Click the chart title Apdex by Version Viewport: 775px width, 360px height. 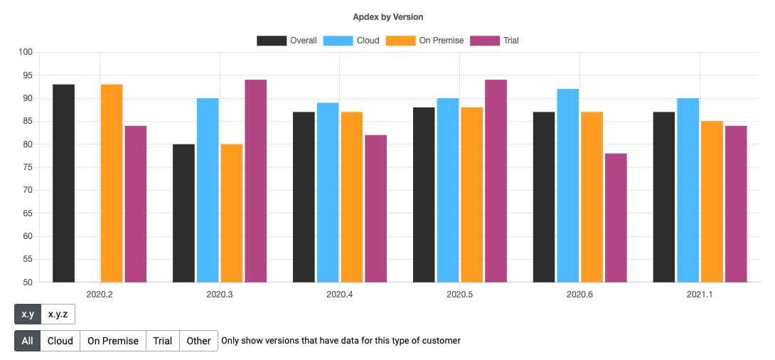coord(387,16)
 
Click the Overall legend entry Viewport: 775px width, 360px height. coord(287,41)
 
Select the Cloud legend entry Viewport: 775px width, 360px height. coord(351,41)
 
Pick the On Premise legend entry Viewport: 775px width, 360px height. coord(424,41)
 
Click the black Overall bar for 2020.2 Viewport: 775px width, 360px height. coord(63,183)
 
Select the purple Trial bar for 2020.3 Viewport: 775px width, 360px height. coord(255,181)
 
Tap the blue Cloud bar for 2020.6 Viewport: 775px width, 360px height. coord(567,185)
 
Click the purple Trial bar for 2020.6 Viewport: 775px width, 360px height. coord(616,218)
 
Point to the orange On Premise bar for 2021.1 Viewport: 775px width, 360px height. coord(712,201)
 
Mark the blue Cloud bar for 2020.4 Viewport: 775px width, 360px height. coord(328,192)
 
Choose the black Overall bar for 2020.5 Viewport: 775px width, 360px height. coord(424,194)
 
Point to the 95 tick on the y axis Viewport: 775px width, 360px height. coord(26,75)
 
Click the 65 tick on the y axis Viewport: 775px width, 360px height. coord(26,213)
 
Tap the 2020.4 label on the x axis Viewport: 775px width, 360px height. coord(339,294)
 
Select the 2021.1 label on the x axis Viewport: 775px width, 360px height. coord(700,294)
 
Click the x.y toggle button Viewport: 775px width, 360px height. coord(28,314)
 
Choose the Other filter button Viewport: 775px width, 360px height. coord(198,341)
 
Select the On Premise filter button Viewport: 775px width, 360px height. coord(112,341)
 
